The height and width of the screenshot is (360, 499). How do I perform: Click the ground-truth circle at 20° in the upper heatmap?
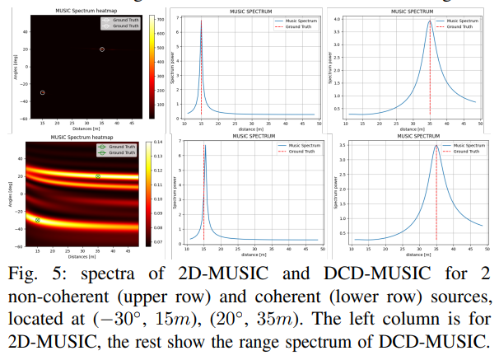coord(102,49)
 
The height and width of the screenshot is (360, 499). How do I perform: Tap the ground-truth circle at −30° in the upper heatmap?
coord(43,92)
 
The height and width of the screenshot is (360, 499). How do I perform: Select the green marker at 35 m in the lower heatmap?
coord(98,176)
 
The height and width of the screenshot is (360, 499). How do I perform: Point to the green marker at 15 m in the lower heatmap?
coord(38,220)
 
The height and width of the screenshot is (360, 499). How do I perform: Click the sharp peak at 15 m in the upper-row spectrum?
coord(201,21)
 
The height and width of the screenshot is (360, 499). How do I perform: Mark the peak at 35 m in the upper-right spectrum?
coord(430,22)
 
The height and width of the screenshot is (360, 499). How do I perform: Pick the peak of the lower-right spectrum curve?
coord(436,147)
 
